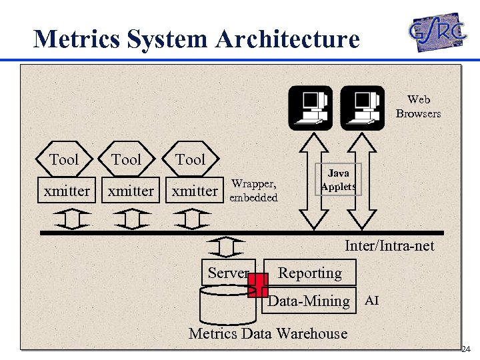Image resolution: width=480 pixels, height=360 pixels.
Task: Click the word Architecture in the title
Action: (x=287, y=39)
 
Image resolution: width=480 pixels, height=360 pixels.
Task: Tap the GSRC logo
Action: (x=437, y=31)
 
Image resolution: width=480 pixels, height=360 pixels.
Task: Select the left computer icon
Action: (x=310, y=107)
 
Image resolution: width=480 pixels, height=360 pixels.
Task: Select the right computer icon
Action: (x=363, y=107)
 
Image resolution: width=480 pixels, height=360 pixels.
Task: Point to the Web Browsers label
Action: (x=418, y=107)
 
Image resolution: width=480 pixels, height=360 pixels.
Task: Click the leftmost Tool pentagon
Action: (x=64, y=159)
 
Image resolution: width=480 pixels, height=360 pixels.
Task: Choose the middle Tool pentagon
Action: (x=127, y=159)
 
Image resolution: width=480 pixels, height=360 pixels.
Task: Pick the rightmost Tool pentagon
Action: (x=191, y=159)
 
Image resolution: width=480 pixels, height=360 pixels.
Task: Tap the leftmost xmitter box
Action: (x=67, y=191)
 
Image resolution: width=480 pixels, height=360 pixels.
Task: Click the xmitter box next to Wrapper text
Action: (x=195, y=191)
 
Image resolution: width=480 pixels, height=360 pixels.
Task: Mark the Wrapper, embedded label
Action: (x=253, y=190)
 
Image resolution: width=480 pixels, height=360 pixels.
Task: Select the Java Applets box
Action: (x=338, y=179)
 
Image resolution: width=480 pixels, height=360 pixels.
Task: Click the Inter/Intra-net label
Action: (x=389, y=246)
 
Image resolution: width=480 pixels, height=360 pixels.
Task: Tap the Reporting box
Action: (x=309, y=273)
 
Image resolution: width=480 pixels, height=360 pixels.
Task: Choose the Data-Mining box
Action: (x=309, y=301)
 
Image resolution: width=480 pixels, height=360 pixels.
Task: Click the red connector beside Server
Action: (x=257, y=285)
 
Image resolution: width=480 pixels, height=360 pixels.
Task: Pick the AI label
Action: (x=372, y=301)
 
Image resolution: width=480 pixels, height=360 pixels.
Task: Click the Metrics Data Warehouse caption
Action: (x=268, y=333)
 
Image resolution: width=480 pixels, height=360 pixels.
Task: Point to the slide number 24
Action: (x=466, y=349)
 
